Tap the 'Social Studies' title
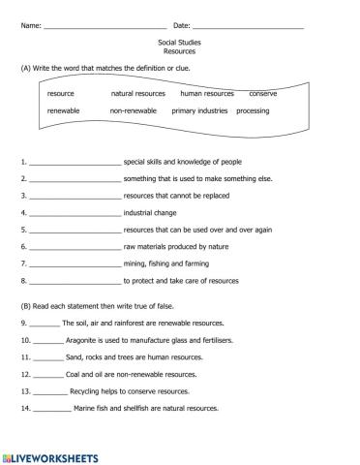[179, 44]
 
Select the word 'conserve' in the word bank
[263, 94]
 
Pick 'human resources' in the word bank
[207, 94]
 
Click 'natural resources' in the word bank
[138, 94]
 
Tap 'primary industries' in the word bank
[199, 111]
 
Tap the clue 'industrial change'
[150, 212]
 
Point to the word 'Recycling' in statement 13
[87, 390]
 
